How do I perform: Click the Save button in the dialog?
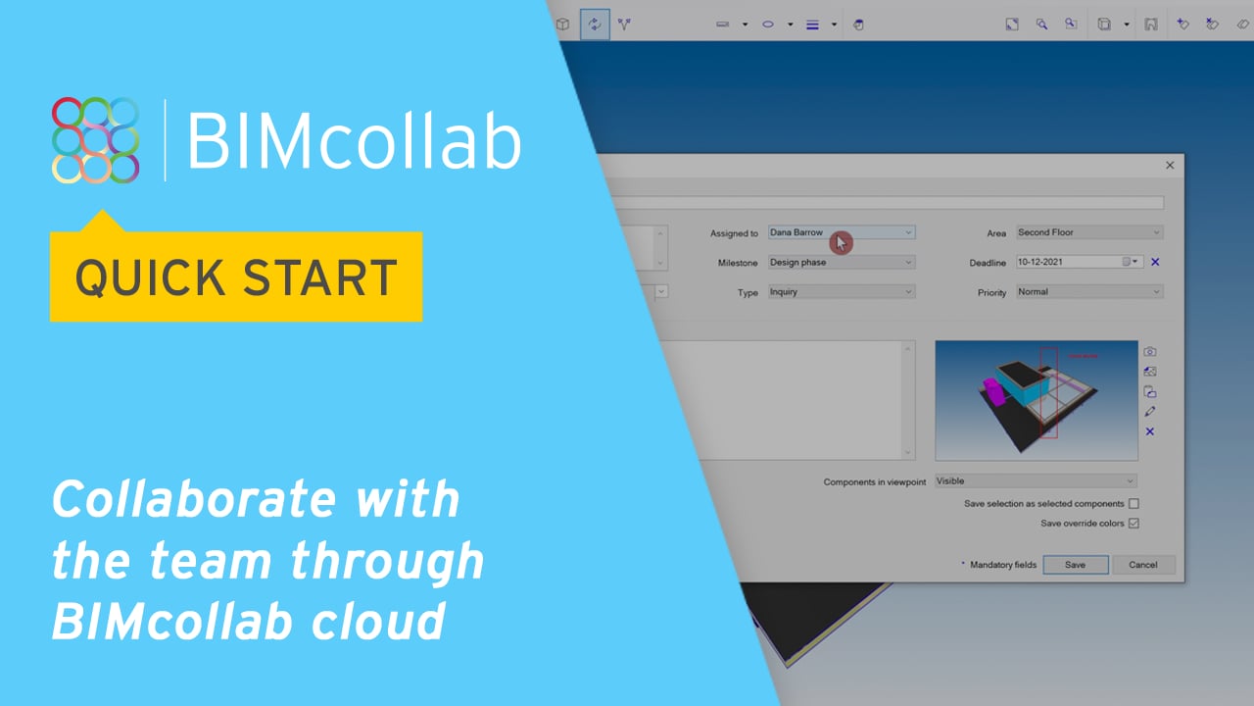point(1075,565)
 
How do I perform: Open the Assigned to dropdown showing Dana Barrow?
point(841,232)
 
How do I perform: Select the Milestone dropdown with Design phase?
point(841,262)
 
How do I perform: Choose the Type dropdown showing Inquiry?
point(841,291)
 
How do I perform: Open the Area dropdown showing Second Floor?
point(1088,232)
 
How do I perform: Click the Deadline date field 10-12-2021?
point(1070,262)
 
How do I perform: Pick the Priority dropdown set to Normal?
point(1088,291)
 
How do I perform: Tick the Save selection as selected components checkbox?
point(1133,504)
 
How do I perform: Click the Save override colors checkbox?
point(1133,524)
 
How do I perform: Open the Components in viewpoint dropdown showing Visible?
point(1036,480)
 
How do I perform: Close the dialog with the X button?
point(1170,166)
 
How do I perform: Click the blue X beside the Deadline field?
point(1155,262)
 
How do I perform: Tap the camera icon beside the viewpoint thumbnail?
point(1150,352)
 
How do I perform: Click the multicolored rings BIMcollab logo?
point(95,139)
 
